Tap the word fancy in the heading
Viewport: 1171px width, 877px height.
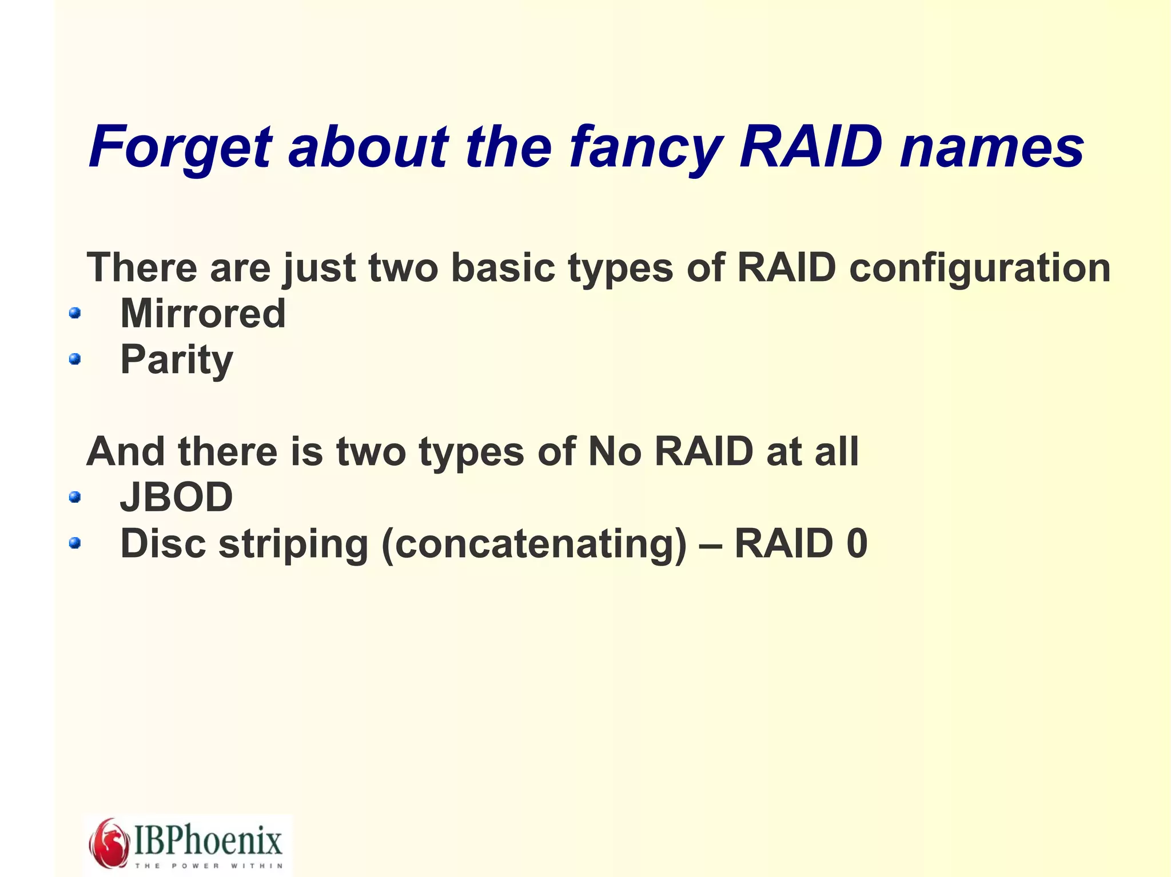tap(646, 147)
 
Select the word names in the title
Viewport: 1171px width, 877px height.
tap(991, 147)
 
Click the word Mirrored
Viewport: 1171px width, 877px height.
tap(203, 314)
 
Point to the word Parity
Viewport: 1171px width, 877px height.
tap(177, 360)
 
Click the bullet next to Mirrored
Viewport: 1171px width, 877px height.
tap(74, 313)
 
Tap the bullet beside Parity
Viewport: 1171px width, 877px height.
tap(74, 359)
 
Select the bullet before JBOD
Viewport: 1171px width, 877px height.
tap(74, 497)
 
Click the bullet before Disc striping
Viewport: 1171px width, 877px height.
tap(74, 543)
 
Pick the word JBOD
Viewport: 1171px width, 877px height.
tap(177, 497)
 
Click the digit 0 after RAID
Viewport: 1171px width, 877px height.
tap(857, 543)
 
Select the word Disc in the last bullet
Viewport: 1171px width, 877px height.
tap(163, 543)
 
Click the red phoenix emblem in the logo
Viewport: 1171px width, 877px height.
tap(109, 843)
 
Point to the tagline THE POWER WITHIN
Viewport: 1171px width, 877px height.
tap(208, 866)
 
